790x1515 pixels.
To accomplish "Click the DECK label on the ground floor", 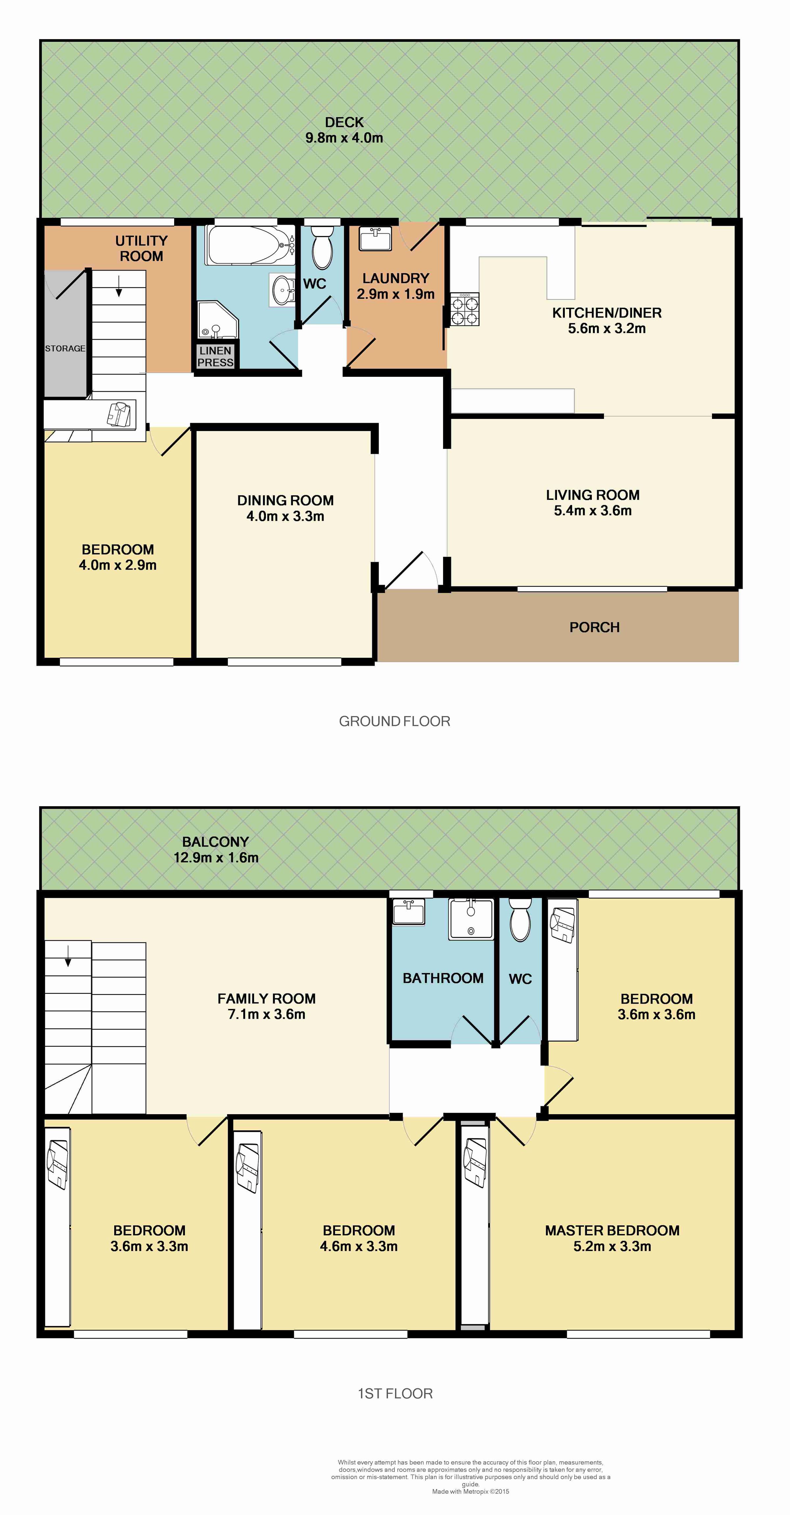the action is [x=344, y=122].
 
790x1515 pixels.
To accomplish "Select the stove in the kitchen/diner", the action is [x=465, y=309].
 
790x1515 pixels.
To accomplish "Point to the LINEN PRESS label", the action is [x=215, y=356].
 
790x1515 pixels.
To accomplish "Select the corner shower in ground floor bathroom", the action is [x=218, y=321].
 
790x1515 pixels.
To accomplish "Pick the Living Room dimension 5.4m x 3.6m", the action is [x=592, y=510].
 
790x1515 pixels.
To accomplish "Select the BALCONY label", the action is [x=215, y=842].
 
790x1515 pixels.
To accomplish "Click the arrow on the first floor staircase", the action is [x=68, y=955].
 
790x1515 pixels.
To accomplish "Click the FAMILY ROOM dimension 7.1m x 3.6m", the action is [x=267, y=1014].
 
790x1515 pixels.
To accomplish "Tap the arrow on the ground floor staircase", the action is [x=119, y=286].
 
